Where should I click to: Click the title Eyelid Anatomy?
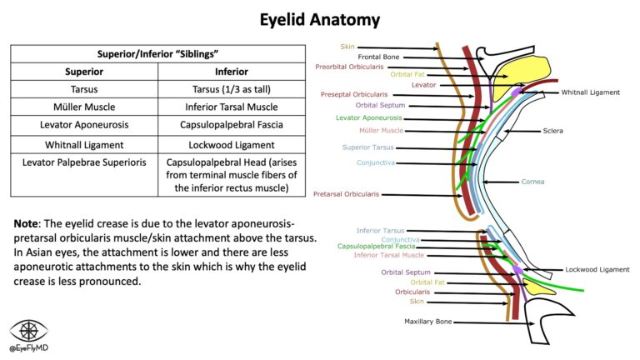tap(320, 18)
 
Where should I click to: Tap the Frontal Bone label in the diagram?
tap(378, 57)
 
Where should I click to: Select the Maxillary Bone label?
tap(428, 321)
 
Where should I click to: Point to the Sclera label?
tap(552, 131)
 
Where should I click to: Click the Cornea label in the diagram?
tap(532, 181)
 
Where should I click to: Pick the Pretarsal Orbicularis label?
tap(346, 194)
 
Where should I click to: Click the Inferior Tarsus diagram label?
tap(380, 230)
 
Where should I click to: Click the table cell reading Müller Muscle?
tap(83, 107)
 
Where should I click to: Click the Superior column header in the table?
tap(83, 71)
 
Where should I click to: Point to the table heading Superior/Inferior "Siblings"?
tap(157, 52)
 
